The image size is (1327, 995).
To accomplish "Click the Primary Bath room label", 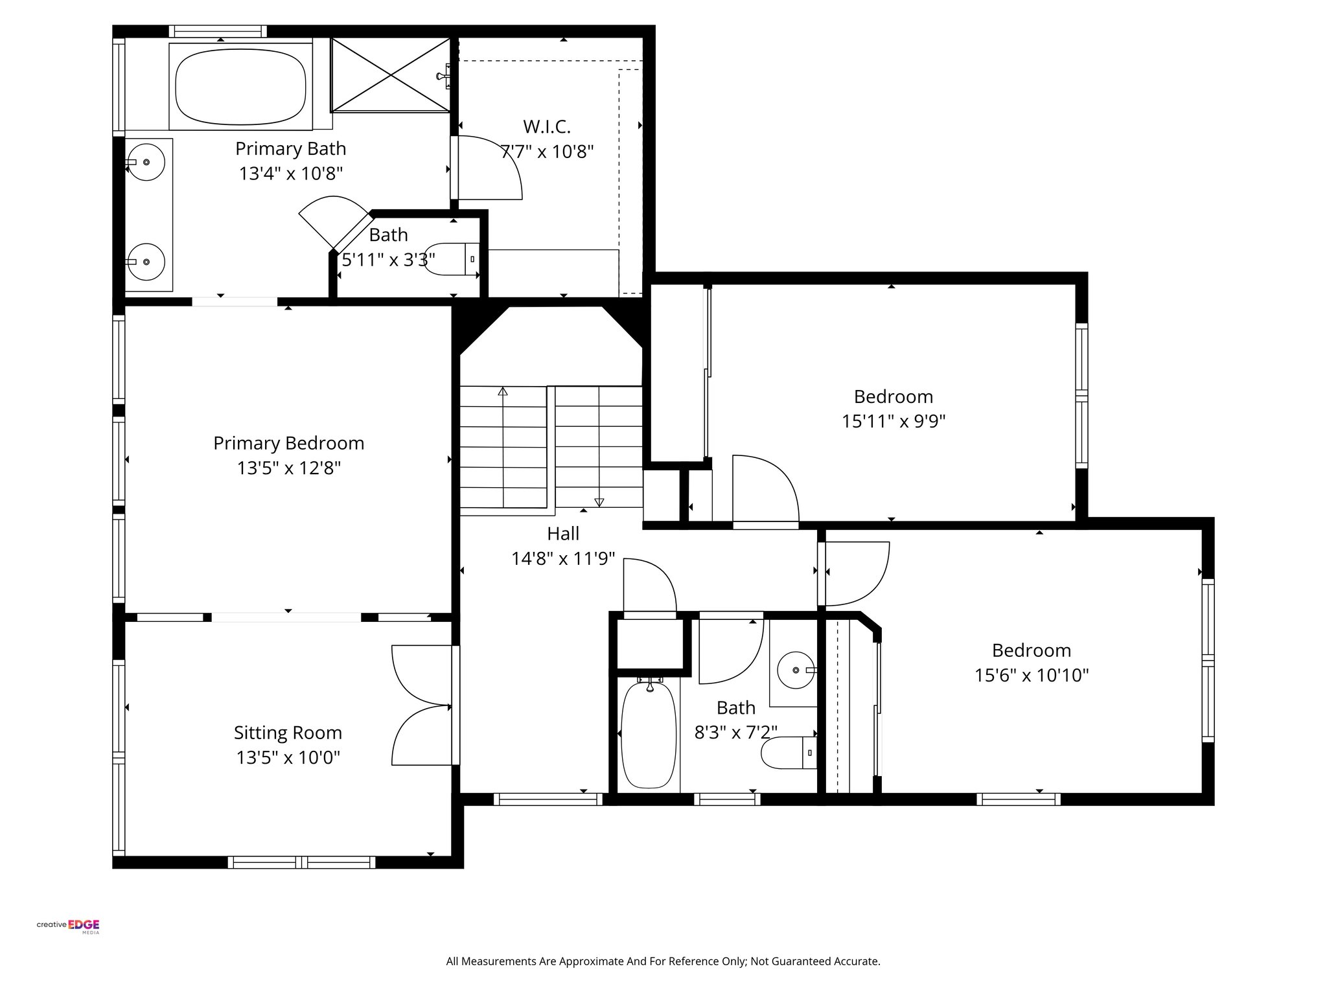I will [x=290, y=149].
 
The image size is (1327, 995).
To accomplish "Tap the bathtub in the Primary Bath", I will [x=241, y=87].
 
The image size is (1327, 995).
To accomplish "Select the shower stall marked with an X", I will [x=390, y=74].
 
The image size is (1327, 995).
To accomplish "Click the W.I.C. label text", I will [x=547, y=126].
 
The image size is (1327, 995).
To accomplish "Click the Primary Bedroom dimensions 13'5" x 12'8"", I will [x=288, y=468].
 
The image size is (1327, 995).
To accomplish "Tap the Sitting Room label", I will [x=288, y=733].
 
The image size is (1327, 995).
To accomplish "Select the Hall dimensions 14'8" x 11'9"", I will [x=562, y=558].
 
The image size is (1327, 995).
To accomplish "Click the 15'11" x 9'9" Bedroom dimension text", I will [x=893, y=422].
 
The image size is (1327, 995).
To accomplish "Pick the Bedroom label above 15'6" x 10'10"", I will [x=1031, y=650].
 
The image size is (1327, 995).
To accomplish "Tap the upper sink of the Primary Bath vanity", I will [x=146, y=162].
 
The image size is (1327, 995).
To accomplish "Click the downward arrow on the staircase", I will [x=599, y=501].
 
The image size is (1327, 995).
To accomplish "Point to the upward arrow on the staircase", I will [x=502, y=391].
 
